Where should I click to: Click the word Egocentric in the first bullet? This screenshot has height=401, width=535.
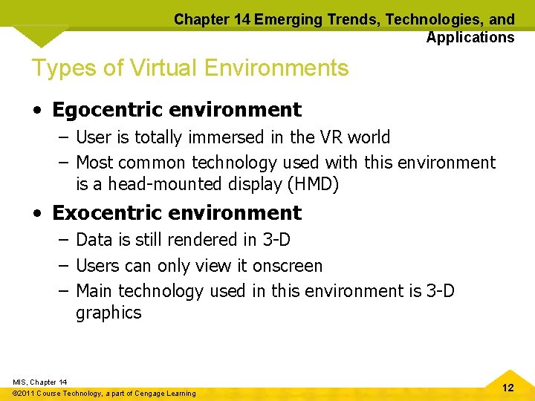(x=108, y=110)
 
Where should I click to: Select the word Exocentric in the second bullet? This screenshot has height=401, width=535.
(x=108, y=212)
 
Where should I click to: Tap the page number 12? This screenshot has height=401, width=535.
(x=508, y=388)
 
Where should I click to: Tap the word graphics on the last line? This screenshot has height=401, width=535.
(x=108, y=313)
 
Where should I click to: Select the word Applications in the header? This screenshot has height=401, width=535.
(x=470, y=37)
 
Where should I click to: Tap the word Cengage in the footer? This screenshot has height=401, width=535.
(x=149, y=394)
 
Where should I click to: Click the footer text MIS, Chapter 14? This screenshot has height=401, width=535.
(x=39, y=382)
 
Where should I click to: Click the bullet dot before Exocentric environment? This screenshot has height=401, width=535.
(x=37, y=214)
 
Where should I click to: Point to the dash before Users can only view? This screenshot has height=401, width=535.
(x=62, y=266)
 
